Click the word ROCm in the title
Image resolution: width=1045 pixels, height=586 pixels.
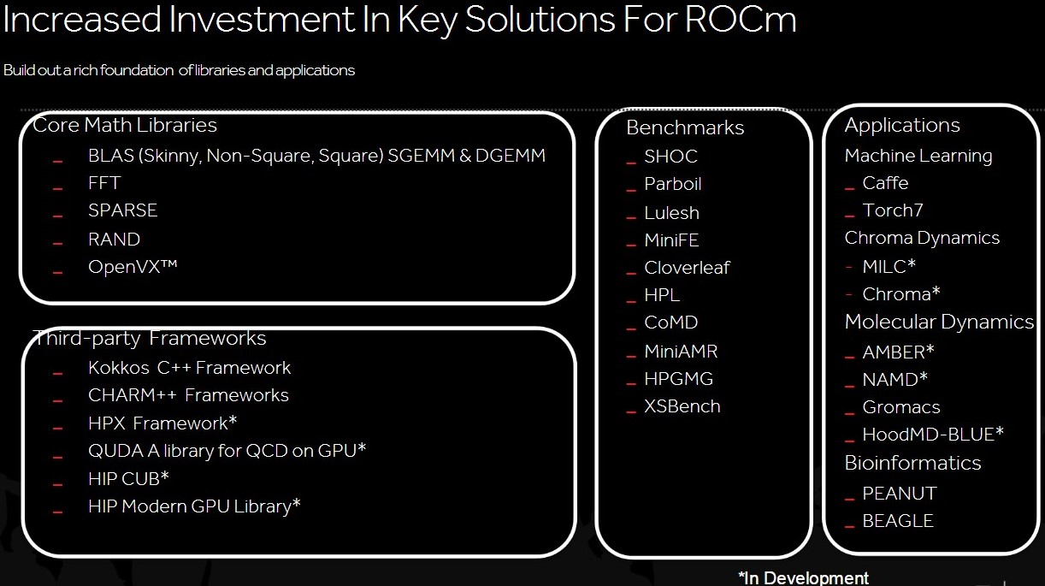point(741,20)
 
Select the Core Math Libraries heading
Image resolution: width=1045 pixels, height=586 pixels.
point(125,125)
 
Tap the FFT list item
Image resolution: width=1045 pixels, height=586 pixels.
point(104,183)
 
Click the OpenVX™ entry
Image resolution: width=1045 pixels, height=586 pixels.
point(133,268)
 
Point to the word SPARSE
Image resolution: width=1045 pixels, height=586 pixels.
point(122,210)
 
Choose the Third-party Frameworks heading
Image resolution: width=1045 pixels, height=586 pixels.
point(150,338)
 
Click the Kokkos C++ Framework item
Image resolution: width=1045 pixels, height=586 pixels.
point(189,368)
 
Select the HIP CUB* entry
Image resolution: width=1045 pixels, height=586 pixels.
point(128,479)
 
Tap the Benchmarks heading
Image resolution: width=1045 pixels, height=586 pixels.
point(685,127)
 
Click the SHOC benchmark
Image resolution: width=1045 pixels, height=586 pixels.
point(670,157)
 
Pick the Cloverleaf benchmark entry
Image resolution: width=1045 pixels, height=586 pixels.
point(688,268)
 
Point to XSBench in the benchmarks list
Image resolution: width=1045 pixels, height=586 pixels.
point(682,406)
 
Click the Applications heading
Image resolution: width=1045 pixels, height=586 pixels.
point(902,126)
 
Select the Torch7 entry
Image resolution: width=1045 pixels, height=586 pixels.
point(893,210)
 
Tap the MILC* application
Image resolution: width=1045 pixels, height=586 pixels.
point(889,266)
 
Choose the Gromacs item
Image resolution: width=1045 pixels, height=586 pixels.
point(901,407)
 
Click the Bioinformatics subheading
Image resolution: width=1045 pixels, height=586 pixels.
point(913,463)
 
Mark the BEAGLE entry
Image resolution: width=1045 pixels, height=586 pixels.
point(898,521)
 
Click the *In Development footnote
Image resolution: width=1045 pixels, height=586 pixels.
point(804,577)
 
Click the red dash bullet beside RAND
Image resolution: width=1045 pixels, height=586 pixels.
point(57,244)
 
